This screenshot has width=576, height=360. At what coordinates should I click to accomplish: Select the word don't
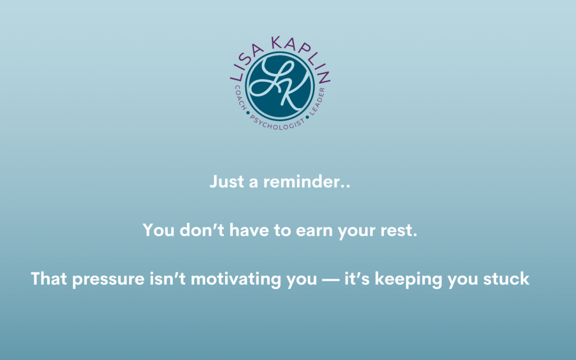pyautogui.click(x=202, y=230)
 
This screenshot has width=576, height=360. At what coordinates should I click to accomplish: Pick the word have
pyautogui.click(x=249, y=230)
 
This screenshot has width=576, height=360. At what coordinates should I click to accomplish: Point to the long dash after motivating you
pyautogui.click(x=330, y=280)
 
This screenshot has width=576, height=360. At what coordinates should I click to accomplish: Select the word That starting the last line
pyautogui.click(x=49, y=278)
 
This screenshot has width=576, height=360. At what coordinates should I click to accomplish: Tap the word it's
pyautogui.click(x=357, y=278)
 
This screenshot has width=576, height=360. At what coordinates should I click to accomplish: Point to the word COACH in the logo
pyautogui.click(x=241, y=98)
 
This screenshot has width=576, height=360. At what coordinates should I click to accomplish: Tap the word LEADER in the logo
pyautogui.click(x=317, y=101)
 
